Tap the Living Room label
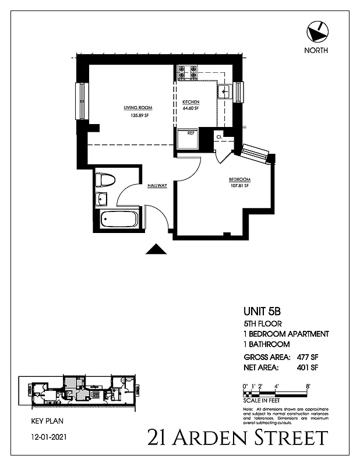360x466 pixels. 137,108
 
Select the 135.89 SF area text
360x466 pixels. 137,115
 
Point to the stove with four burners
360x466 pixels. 188,72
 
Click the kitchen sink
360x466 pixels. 224,91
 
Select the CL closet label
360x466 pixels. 219,137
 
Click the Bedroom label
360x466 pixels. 239,179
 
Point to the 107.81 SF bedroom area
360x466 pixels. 239,186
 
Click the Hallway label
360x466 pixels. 157,185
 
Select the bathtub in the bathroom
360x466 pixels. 119,220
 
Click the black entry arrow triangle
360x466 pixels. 156,249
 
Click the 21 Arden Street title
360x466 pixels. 238,437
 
